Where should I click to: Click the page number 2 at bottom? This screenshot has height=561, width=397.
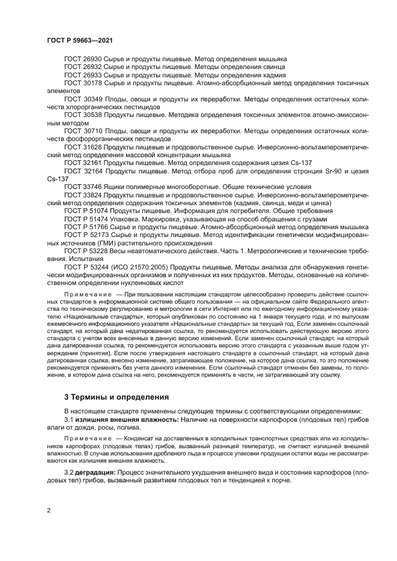point(49,510)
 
